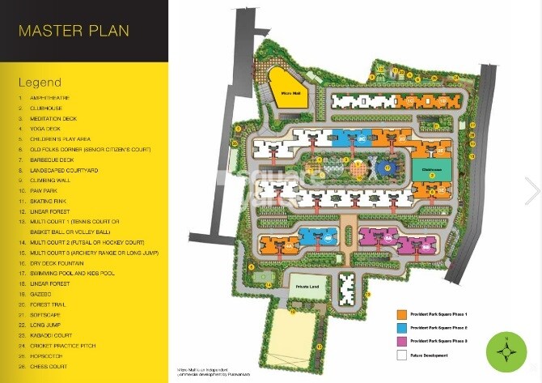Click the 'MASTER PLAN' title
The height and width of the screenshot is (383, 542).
click(x=74, y=32)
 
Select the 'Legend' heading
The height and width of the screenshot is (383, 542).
click(x=39, y=83)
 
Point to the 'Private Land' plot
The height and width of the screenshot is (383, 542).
click(x=310, y=287)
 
